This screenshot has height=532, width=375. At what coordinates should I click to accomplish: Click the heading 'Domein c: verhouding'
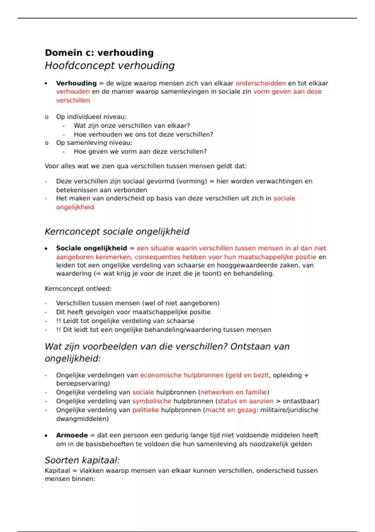point(99,53)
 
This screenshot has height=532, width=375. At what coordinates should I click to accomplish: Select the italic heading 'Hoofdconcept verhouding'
point(109,66)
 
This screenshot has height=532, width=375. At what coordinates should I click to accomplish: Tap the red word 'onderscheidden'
point(260,83)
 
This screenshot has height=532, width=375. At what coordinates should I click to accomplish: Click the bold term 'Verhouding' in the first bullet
point(76,83)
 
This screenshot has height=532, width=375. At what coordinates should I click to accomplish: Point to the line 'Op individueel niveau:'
point(91,117)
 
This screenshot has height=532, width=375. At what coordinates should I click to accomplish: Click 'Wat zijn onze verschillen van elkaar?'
point(132,125)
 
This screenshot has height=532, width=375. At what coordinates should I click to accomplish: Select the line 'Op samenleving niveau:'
point(94,143)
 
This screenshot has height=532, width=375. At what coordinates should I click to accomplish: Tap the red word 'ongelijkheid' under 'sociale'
point(75,207)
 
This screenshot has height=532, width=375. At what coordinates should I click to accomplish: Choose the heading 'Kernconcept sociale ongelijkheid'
point(117,232)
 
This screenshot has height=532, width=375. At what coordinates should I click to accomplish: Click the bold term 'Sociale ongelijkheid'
point(91,248)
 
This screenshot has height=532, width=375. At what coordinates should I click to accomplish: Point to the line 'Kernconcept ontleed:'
point(78,289)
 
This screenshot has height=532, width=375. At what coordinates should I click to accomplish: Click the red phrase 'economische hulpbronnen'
point(182,375)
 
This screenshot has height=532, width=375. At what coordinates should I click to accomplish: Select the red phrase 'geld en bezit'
point(248,375)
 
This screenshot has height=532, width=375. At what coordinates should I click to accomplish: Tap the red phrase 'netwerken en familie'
point(233,392)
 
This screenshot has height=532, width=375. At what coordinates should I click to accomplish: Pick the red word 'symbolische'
point(152,401)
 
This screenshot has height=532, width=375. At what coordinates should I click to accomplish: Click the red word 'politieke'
point(146,410)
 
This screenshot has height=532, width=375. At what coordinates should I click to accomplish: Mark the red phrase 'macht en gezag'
point(231,410)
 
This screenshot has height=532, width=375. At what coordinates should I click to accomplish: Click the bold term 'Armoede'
point(72,435)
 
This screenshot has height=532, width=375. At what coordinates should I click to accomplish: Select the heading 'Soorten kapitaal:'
point(82,460)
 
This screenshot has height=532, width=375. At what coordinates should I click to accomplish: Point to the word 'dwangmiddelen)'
point(82,419)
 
